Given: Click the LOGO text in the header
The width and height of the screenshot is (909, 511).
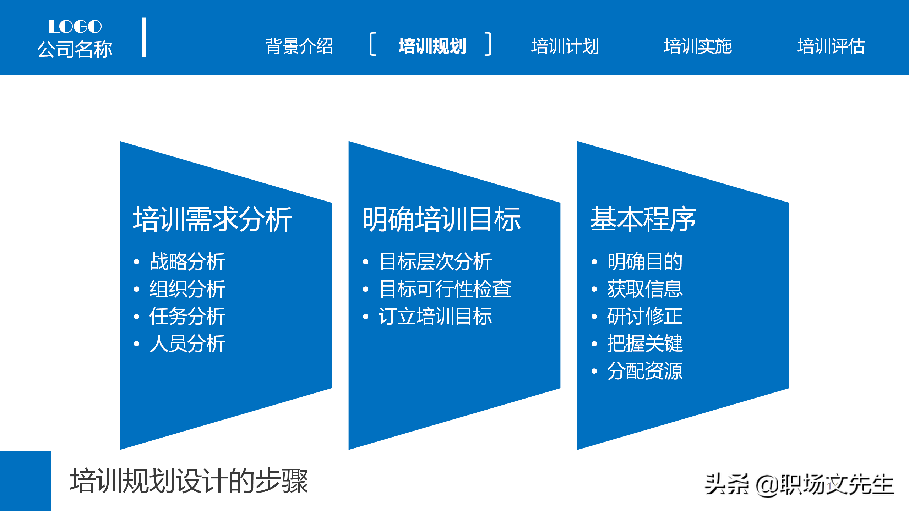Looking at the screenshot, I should (x=75, y=27).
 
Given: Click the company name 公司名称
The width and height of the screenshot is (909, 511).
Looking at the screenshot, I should (x=75, y=49).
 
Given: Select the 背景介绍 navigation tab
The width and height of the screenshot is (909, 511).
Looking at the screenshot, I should (x=299, y=46).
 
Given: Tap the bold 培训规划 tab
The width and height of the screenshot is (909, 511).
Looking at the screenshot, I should (x=432, y=46).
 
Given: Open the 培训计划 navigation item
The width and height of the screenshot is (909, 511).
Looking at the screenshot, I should (x=565, y=46).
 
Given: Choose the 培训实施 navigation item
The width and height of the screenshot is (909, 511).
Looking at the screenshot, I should (x=698, y=46).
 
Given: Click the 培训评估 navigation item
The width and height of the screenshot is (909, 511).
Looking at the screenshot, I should (x=831, y=46).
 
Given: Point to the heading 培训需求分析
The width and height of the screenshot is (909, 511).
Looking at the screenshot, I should (x=212, y=219).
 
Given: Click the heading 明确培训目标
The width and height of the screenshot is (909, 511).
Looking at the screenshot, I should (x=441, y=219).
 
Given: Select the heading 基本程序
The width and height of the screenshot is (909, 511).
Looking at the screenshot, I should (x=643, y=219).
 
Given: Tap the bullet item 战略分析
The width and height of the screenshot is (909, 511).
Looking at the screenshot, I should (x=187, y=262).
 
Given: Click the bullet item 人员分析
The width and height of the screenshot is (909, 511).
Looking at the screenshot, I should (x=187, y=344).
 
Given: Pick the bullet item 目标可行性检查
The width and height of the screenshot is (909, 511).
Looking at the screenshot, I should (x=445, y=289).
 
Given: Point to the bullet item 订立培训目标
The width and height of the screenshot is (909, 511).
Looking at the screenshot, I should (x=435, y=316).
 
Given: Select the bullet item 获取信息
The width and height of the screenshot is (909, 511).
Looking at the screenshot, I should (x=645, y=289).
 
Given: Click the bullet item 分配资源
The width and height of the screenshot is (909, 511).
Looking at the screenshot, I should (x=645, y=371).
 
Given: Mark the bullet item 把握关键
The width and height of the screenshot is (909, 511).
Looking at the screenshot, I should (x=645, y=344).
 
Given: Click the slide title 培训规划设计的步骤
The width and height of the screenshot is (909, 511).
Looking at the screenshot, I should (x=189, y=481).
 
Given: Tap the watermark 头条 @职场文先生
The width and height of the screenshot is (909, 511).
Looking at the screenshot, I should (x=799, y=485).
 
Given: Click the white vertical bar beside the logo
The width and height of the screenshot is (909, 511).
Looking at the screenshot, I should (x=144, y=37).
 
